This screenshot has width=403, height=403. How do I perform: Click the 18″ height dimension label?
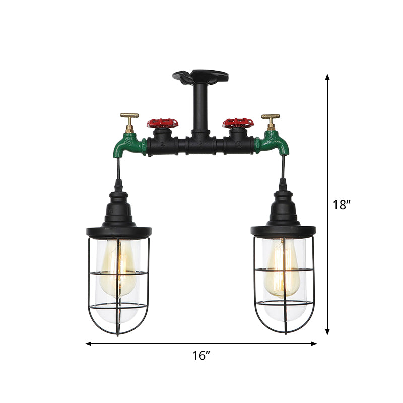point(342,205)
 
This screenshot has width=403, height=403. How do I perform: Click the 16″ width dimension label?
point(201,356)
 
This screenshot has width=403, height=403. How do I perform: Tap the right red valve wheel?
point(238,122)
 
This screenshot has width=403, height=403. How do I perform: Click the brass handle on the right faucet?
point(271,117)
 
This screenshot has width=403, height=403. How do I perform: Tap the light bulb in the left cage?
point(118,270)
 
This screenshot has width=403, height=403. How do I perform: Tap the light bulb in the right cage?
point(284,270)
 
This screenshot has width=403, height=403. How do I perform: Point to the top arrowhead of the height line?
point(327,77)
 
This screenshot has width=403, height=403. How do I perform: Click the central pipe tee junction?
point(201,147)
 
